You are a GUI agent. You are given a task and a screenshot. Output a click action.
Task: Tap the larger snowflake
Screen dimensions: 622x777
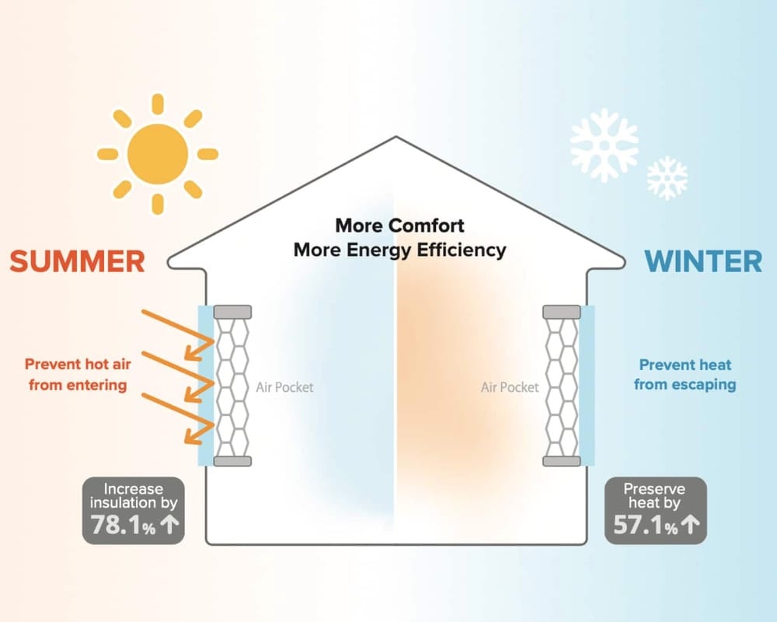coord(604,145)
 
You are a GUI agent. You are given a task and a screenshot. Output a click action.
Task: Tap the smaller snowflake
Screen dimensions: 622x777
coord(667,178)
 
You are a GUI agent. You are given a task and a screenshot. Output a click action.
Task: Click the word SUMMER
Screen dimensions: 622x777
coord(78,261)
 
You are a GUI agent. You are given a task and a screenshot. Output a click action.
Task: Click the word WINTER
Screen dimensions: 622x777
coord(703,261)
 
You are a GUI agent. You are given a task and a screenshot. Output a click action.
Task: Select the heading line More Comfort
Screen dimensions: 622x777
coord(399,225)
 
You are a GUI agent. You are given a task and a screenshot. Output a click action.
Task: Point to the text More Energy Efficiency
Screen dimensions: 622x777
coord(399,250)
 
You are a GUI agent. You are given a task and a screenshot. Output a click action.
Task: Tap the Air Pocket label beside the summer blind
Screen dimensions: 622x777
coord(284,386)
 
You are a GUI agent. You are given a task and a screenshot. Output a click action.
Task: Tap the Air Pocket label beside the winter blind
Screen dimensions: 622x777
coord(510,386)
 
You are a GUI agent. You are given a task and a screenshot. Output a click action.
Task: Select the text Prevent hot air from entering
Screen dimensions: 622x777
coord(75,373)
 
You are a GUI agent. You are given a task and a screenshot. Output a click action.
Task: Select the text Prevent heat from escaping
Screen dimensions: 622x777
coord(685,374)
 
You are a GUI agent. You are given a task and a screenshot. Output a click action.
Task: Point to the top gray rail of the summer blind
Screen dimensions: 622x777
coord(232,311)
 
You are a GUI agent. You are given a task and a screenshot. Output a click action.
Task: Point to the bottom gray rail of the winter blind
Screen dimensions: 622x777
coord(561,461)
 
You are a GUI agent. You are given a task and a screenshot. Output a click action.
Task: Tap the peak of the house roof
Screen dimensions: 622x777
coord(397,139)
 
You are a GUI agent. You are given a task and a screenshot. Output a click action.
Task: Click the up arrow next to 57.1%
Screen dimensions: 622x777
coord(691,526)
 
